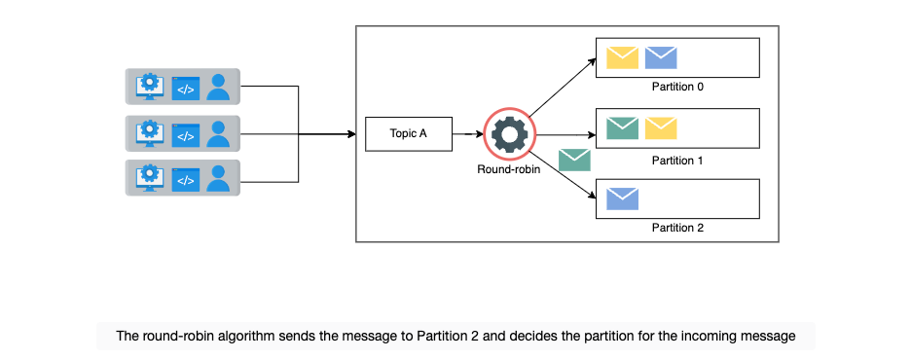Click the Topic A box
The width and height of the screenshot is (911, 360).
409,134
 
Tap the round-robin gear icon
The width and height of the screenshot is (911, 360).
510,134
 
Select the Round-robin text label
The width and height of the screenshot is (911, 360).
508,169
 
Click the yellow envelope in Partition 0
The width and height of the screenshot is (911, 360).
622,58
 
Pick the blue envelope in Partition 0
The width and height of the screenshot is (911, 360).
661,58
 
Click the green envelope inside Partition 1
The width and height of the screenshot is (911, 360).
622,128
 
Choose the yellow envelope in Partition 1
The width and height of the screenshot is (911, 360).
661,128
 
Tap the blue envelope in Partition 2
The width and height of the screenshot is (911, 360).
622,198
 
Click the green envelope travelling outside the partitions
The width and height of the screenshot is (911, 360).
574,161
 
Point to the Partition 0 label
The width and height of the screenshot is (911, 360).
677,88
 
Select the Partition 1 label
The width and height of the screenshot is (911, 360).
677,161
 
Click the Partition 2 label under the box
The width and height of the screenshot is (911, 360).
677,228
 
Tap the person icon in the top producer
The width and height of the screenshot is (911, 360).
218,87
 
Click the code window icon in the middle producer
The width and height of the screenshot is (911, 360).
185,135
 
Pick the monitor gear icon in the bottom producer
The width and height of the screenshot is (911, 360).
150,178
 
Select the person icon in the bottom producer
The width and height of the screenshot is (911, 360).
218,178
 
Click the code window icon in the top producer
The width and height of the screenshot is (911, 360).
185,89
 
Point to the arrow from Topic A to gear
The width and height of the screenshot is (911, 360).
468,134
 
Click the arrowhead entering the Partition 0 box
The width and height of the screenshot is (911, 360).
592,60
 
